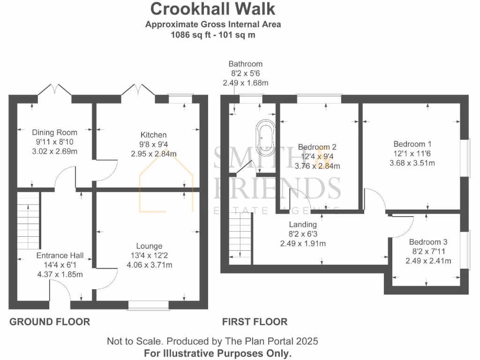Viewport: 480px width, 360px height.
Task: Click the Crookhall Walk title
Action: pos(213,8)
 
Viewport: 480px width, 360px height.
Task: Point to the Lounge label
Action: pos(150,246)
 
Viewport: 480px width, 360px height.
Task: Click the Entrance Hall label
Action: pos(60,255)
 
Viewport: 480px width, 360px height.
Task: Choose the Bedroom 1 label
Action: pos(412,144)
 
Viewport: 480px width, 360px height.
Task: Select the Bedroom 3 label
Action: pos(428,242)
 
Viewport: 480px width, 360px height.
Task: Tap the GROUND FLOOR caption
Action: pos(50,322)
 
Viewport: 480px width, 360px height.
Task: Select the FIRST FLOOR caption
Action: pos(255,322)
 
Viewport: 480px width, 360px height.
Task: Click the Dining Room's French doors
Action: pos(55,91)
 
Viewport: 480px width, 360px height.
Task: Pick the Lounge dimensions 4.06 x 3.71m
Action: pos(150,265)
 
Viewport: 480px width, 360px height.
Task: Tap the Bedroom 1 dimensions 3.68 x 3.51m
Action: pos(412,163)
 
